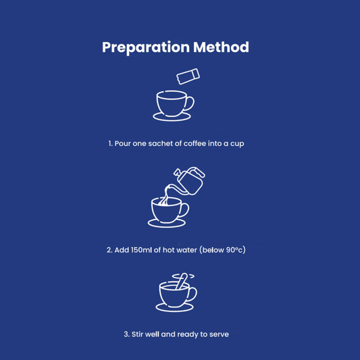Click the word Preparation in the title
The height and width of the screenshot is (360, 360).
tap(146, 47)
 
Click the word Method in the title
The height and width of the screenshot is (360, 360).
tap(221, 47)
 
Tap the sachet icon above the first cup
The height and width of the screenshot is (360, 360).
tap(188, 76)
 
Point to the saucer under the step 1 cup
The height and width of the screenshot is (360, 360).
tap(172, 117)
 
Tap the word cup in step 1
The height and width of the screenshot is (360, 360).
tap(237, 144)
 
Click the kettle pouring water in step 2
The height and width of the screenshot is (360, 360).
tap(188, 181)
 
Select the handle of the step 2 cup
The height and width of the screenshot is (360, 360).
tap(185, 210)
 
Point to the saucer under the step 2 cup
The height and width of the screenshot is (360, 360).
tap(167, 224)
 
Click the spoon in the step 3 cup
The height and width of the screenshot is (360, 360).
tap(182, 281)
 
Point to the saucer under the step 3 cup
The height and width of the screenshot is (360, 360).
tap(174, 307)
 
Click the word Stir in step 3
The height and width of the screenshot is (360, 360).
tap(137, 334)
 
